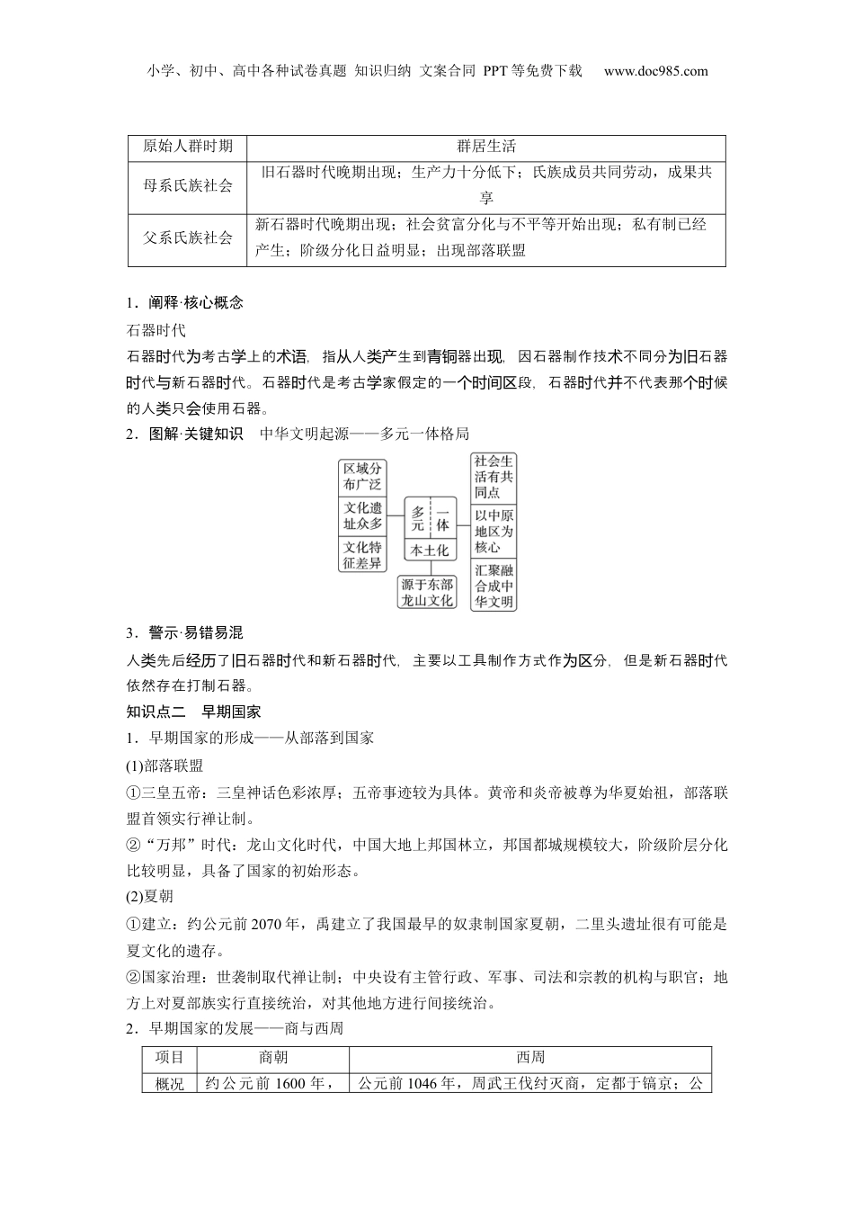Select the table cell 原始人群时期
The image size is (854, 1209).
[x=187, y=147]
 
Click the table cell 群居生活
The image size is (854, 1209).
[x=485, y=147]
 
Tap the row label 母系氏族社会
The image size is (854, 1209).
[x=187, y=185]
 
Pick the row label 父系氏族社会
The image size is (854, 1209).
[x=187, y=238]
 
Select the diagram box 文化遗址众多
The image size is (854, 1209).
[x=362, y=515]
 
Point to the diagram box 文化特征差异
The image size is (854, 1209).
[x=362, y=555]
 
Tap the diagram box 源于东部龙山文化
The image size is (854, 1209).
[x=428, y=593]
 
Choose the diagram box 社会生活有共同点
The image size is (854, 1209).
[x=494, y=478]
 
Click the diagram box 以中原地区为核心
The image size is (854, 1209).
[x=494, y=532]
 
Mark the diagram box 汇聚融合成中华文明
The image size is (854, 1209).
[x=494, y=586]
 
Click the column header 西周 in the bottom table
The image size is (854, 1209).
[x=530, y=1058]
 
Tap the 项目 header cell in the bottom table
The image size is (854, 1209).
[x=170, y=1058]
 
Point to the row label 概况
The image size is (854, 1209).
[x=170, y=1083]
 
